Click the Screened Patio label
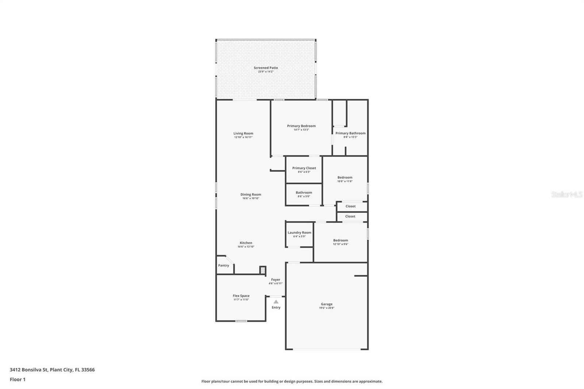pyautogui.click(x=266, y=68)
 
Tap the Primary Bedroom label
pyautogui.click(x=301, y=126)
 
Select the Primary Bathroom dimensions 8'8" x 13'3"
pyautogui.click(x=350, y=137)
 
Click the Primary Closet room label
pyautogui.click(x=304, y=168)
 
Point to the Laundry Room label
pyautogui.click(x=299, y=232)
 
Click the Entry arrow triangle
pyautogui.click(x=276, y=302)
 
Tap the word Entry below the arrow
pyautogui.click(x=276, y=308)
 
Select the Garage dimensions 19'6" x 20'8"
pyautogui.click(x=326, y=308)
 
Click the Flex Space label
pyautogui.click(x=241, y=296)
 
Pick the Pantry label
pyautogui.click(x=223, y=265)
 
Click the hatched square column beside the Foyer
pyautogui.click(x=262, y=270)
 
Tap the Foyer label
pyautogui.click(x=276, y=280)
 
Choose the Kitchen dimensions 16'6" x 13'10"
pyautogui.click(x=246, y=247)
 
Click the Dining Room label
pyautogui.click(x=250, y=194)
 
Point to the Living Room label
pyautogui.click(x=243, y=133)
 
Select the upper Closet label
pyautogui.click(x=350, y=206)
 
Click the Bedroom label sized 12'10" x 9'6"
pyautogui.click(x=340, y=240)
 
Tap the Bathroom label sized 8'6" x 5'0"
pyautogui.click(x=304, y=192)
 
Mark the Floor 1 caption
pyautogui.click(x=18, y=380)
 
